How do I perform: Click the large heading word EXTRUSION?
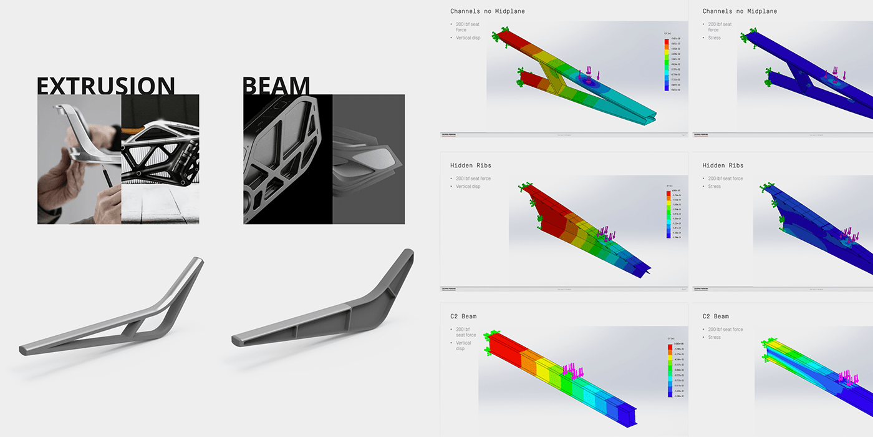[105, 86]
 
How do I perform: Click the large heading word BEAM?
[276, 86]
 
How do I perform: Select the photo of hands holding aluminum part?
[79, 159]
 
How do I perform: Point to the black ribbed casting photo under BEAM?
[287, 159]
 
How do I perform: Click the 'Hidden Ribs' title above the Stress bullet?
[722, 165]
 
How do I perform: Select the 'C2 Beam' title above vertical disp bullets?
[463, 317]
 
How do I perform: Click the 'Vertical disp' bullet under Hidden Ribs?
[468, 187]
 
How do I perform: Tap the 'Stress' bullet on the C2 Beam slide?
[714, 338]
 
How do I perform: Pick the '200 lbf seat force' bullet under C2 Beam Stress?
[725, 330]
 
